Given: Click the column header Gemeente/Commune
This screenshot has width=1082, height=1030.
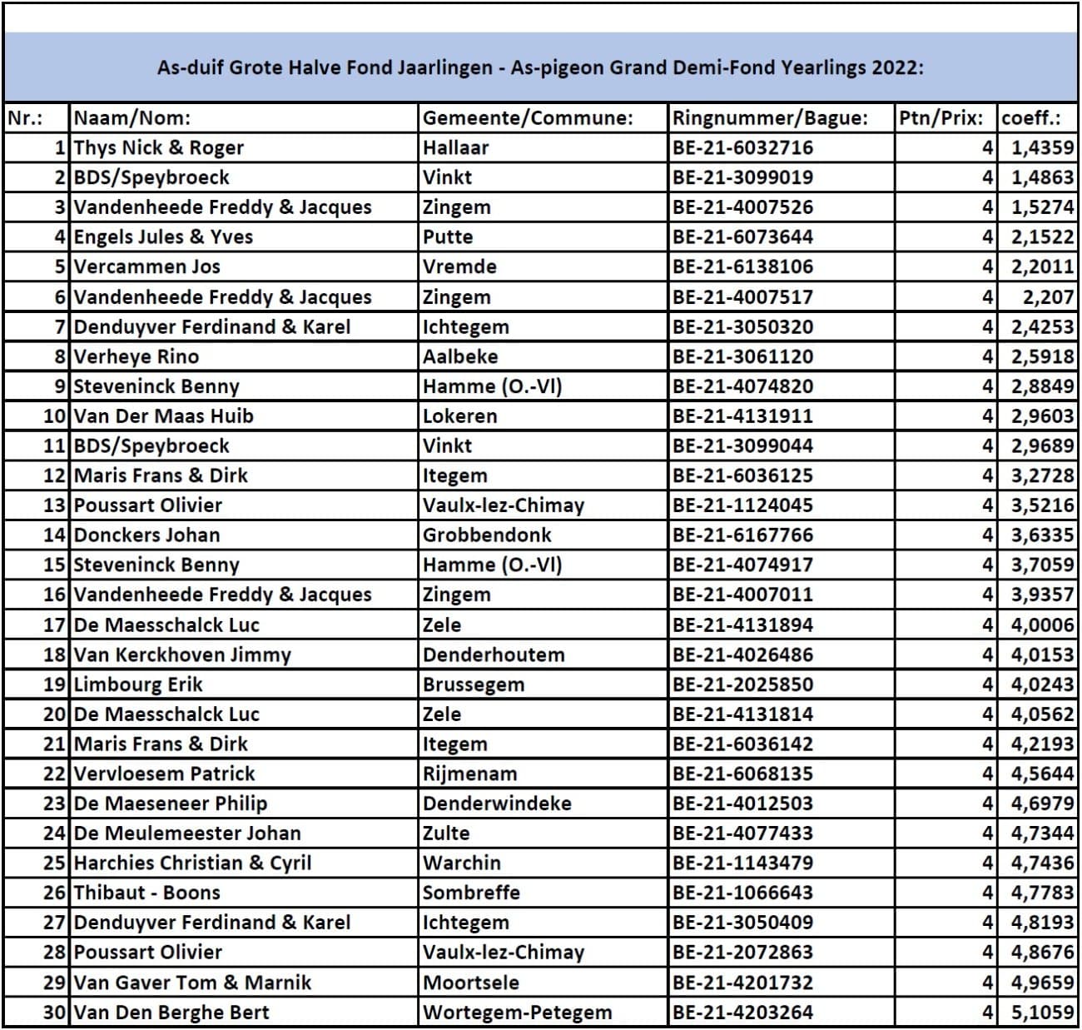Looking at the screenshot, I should (x=528, y=118).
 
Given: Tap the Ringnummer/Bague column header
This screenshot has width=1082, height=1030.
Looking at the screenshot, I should (x=770, y=118).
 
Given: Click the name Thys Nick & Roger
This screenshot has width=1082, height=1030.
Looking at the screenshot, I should (x=159, y=148).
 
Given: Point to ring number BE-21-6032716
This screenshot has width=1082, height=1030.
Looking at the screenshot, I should (x=742, y=148).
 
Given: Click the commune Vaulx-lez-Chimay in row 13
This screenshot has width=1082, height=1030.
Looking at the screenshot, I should (x=504, y=505).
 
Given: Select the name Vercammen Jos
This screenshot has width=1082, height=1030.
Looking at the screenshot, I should (x=147, y=267).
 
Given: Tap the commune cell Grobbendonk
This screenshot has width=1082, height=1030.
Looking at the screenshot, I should (x=487, y=535).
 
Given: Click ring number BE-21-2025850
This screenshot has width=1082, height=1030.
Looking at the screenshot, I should (x=742, y=684).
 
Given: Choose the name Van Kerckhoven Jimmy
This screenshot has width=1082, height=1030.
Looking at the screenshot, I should (x=182, y=654).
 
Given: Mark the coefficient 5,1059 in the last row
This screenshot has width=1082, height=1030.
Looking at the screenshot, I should (x=1042, y=1013).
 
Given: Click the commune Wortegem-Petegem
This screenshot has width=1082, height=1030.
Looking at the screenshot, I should (x=517, y=1013).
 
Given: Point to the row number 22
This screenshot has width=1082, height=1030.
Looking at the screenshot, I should (x=54, y=774).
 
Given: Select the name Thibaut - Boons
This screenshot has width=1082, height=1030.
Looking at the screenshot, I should (x=147, y=893).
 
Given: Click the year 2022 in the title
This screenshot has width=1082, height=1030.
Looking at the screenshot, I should (x=896, y=67).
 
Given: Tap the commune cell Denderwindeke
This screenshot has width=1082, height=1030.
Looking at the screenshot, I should (x=497, y=804).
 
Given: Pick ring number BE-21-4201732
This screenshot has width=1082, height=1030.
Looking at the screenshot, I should (x=742, y=983).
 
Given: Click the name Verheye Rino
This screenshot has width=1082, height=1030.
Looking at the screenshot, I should (x=136, y=357).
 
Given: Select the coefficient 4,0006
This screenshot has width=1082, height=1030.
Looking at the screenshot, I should (x=1042, y=625).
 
